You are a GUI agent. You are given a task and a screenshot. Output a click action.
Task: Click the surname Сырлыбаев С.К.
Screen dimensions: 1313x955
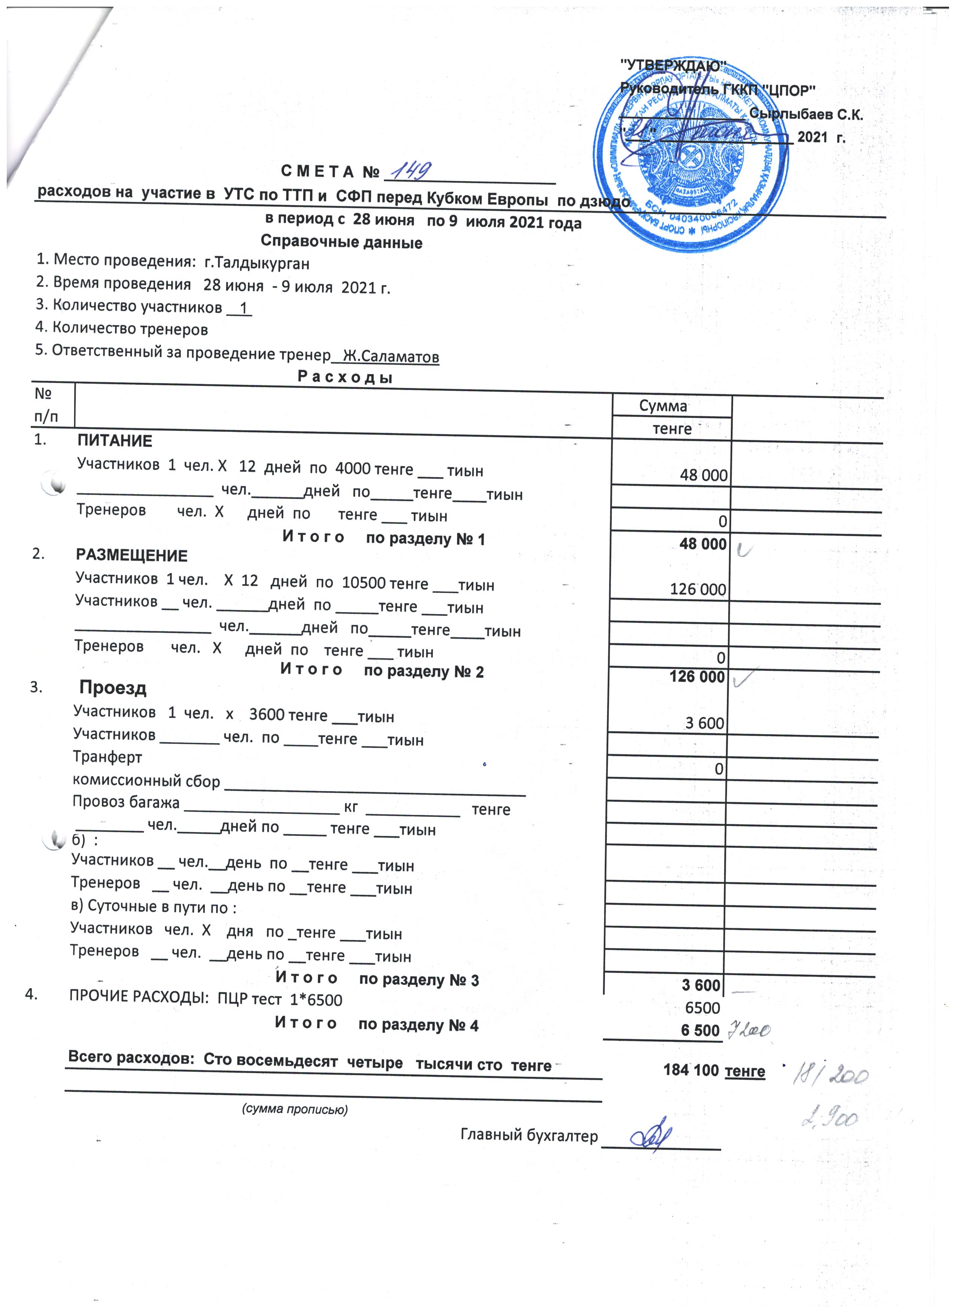click(806, 114)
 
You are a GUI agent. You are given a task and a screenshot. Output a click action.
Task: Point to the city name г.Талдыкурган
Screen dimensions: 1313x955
click(257, 264)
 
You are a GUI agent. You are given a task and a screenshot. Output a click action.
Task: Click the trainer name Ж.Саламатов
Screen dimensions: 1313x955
click(391, 356)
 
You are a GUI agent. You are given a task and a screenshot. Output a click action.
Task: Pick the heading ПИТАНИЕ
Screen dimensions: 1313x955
click(115, 441)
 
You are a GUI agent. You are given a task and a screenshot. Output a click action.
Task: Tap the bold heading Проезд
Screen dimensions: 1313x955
click(113, 688)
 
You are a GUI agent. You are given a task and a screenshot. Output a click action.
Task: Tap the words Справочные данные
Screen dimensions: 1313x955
click(341, 242)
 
